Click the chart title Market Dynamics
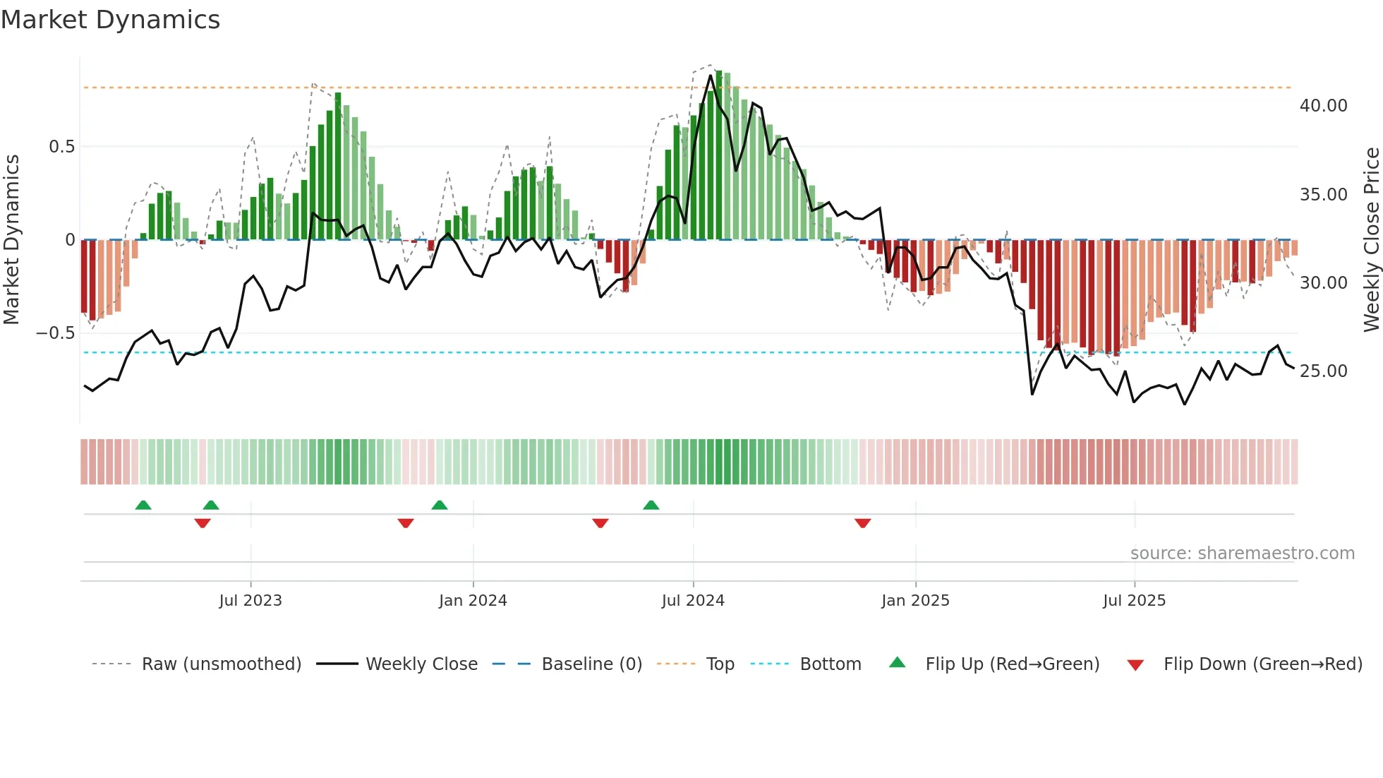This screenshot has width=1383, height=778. (x=111, y=20)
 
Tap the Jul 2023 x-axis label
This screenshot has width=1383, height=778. (x=250, y=601)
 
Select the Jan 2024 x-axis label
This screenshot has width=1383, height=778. (x=473, y=601)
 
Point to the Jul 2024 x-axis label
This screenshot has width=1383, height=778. (x=693, y=601)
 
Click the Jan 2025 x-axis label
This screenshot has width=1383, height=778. (x=915, y=601)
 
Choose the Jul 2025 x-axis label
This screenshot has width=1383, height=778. (x=1135, y=601)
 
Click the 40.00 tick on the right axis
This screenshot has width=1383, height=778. (x=1323, y=106)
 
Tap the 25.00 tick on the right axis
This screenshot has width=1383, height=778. (x=1323, y=371)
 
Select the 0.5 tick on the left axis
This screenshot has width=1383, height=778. (x=61, y=147)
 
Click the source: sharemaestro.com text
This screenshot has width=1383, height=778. (x=1242, y=553)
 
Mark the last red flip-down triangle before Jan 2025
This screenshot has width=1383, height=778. (x=862, y=523)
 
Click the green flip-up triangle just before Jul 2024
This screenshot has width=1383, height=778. (x=651, y=505)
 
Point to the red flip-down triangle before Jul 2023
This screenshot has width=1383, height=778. (x=203, y=523)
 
